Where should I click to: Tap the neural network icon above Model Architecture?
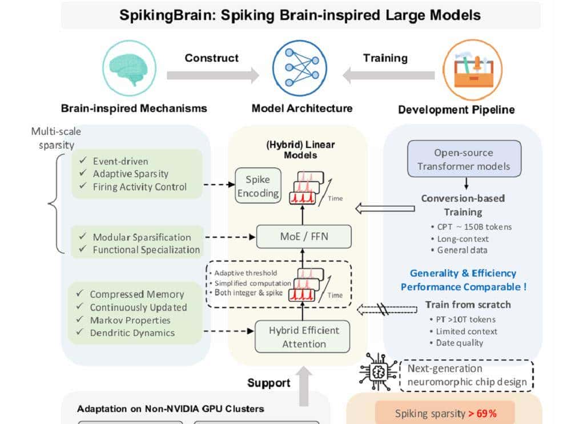pos(299,67)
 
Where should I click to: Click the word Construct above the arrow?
pos(211,58)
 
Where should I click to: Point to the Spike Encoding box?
pos(258,186)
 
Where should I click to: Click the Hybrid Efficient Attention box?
pos(304,337)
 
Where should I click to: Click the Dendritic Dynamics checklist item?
pos(132,333)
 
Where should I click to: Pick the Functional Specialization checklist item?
pos(146,249)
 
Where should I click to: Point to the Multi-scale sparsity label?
pos(52,138)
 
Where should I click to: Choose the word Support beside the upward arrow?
pos(268,382)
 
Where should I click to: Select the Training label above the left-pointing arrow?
pos(385,58)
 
